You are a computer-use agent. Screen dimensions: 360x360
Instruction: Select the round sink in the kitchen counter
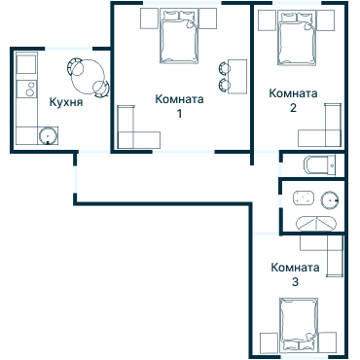[x=47, y=134]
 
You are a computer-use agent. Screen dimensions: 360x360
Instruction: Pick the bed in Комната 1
[x=178, y=39]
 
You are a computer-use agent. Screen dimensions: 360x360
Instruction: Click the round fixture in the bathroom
[x=329, y=200]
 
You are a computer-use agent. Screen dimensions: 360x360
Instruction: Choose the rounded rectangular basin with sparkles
[x=301, y=200]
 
